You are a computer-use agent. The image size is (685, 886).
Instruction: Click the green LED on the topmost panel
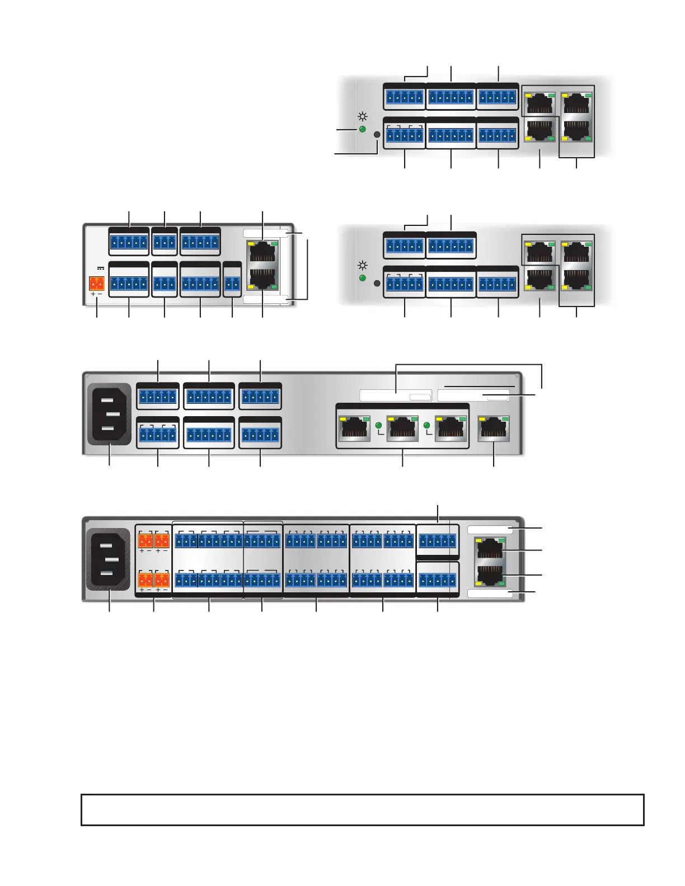[x=362, y=129]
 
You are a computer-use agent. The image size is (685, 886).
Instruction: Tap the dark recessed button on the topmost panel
[x=377, y=134]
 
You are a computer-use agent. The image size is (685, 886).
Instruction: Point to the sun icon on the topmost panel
[x=363, y=117]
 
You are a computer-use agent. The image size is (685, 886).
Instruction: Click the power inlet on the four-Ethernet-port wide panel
[x=109, y=413]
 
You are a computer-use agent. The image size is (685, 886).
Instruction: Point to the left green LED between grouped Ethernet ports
[x=378, y=426]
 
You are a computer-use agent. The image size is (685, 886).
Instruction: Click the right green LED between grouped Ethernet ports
[x=428, y=426]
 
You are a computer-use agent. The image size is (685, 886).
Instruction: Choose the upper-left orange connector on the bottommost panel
[x=145, y=540]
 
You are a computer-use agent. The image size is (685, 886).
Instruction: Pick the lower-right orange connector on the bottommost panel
[x=162, y=579]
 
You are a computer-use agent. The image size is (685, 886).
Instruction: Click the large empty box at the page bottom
[x=363, y=809]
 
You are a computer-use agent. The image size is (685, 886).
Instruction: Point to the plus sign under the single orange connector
[x=93, y=294]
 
